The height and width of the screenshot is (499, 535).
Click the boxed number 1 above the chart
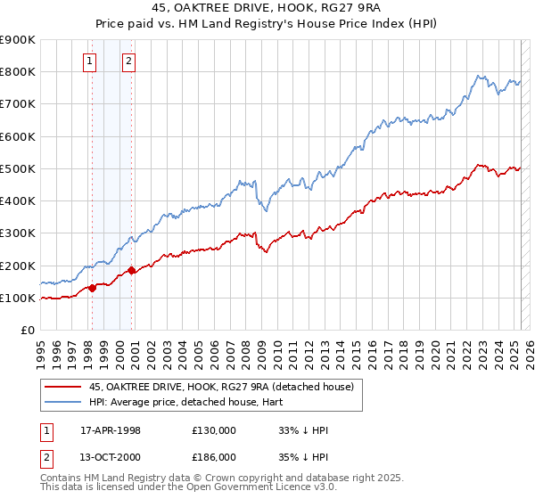(x=90, y=61)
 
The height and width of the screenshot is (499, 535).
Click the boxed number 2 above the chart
(x=128, y=61)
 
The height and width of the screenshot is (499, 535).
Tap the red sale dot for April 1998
(x=92, y=288)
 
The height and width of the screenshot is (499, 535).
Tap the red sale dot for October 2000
(x=131, y=270)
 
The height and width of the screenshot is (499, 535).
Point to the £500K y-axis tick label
(x=18, y=168)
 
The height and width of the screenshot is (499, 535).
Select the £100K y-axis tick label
(x=18, y=298)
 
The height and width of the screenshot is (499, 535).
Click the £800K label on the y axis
(x=18, y=71)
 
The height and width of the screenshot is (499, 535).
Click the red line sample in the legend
(x=62, y=387)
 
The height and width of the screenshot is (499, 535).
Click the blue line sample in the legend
(x=62, y=402)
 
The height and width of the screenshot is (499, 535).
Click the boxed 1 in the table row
(x=45, y=430)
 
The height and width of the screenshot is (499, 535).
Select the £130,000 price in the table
(x=213, y=430)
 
